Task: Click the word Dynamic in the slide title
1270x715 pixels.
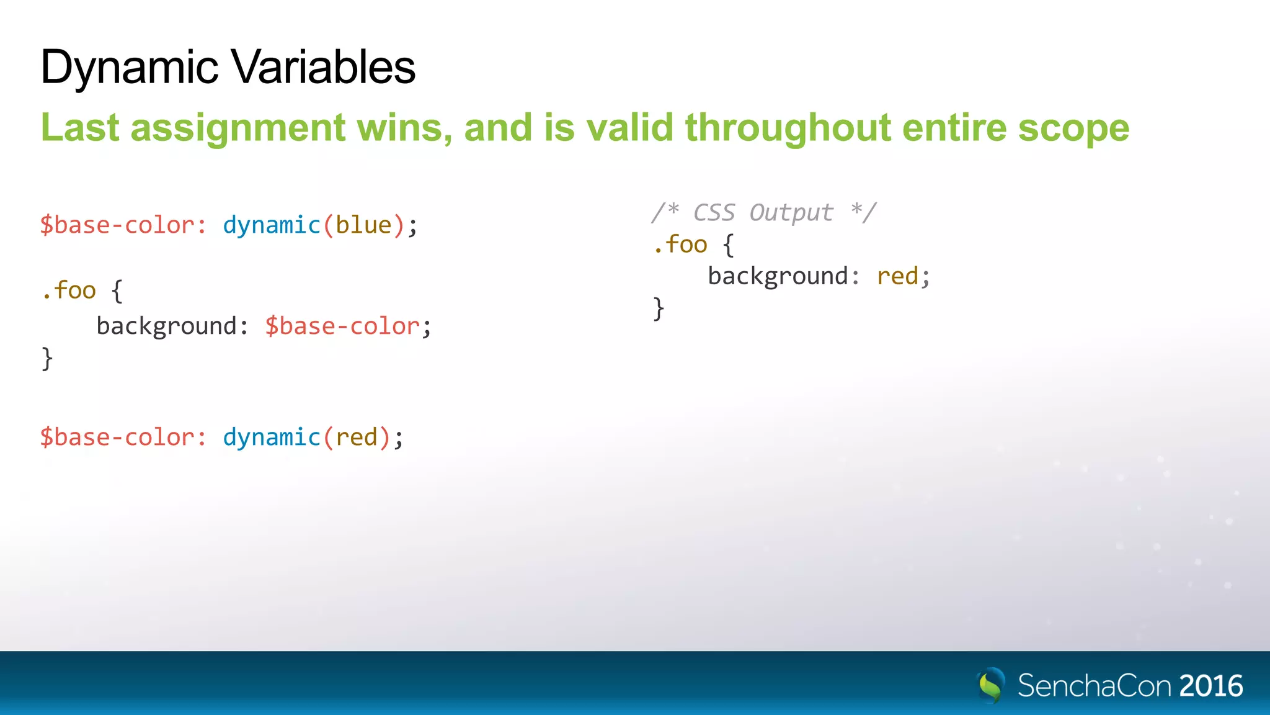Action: (x=129, y=67)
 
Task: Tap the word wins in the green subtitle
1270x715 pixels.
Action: (x=404, y=128)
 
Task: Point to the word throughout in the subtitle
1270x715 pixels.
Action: (x=788, y=128)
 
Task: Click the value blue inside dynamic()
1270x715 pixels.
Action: (x=363, y=225)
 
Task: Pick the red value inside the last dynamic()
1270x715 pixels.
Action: (x=357, y=437)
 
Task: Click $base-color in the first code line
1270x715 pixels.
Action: (x=117, y=225)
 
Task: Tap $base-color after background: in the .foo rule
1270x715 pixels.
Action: (x=342, y=326)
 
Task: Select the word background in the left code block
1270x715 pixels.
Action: (x=166, y=326)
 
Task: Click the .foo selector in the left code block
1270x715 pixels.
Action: (x=69, y=290)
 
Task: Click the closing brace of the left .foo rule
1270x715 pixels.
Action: (x=47, y=359)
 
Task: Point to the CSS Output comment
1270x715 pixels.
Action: (x=763, y=212)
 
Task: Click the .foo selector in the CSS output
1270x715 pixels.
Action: (x=680, y=245)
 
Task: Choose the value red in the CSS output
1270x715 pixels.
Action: (x=897, y=276)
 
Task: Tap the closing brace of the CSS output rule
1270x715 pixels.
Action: (x=659, y=308)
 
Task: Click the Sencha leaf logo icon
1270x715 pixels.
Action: (x=990, y=685)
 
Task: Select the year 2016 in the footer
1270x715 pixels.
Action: (x=1210, y=686)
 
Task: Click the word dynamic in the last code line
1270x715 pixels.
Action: (x=272, y=437)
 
